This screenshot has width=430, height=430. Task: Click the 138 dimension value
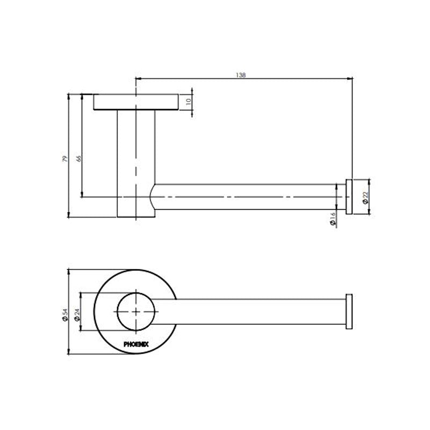(241, 75)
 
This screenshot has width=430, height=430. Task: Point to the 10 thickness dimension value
(188, 101)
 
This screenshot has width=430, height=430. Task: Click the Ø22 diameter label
(364, 197)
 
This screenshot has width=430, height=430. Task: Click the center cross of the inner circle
(137, 312)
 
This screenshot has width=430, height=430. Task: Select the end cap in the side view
(349, 197)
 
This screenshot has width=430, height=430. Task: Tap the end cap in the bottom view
(349, 311)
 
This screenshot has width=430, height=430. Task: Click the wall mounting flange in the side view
(136, 102)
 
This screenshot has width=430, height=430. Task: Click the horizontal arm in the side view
(247, 197)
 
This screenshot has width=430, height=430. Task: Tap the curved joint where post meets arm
(152, 197)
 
